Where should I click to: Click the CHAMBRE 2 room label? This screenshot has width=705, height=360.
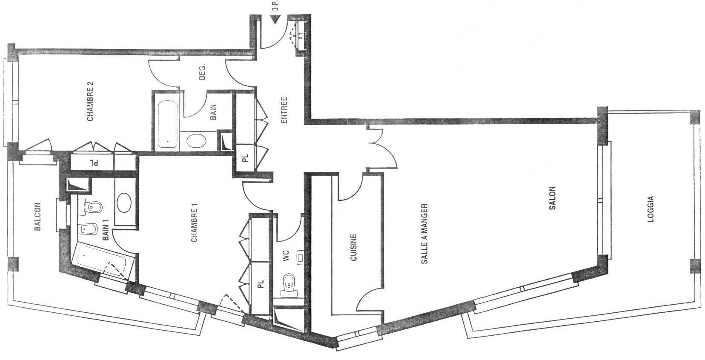(x=90, y=102)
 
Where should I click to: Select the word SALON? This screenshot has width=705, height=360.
(x=552, y=198)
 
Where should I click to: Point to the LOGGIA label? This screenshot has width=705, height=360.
(x=651, y=209)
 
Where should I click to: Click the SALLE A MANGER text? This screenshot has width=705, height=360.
(x=424, y=234)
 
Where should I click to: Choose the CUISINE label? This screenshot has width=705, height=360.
(x=353, y=247)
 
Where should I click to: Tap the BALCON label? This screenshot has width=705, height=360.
(x=37, y=217)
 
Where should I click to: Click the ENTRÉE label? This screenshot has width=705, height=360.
(x=284, y=110)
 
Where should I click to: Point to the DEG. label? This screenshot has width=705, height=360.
(x=202, y=72)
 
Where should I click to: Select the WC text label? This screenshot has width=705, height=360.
(x=286, y=256)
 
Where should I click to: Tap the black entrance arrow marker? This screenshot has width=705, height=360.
(x=276, y=20)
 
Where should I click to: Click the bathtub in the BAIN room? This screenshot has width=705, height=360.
(x=167, y=124)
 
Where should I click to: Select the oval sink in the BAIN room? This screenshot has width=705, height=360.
(x=196, y=141)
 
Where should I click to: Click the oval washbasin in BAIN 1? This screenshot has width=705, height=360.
(x=124, y=203)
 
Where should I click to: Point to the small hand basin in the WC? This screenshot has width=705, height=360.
(x=300, y=258)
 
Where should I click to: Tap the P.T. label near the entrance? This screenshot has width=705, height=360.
(x=301, y=36)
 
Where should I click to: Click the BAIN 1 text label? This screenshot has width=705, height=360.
(x=106, y=230)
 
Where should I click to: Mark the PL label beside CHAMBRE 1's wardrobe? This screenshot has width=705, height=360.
(x=260, y=284)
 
